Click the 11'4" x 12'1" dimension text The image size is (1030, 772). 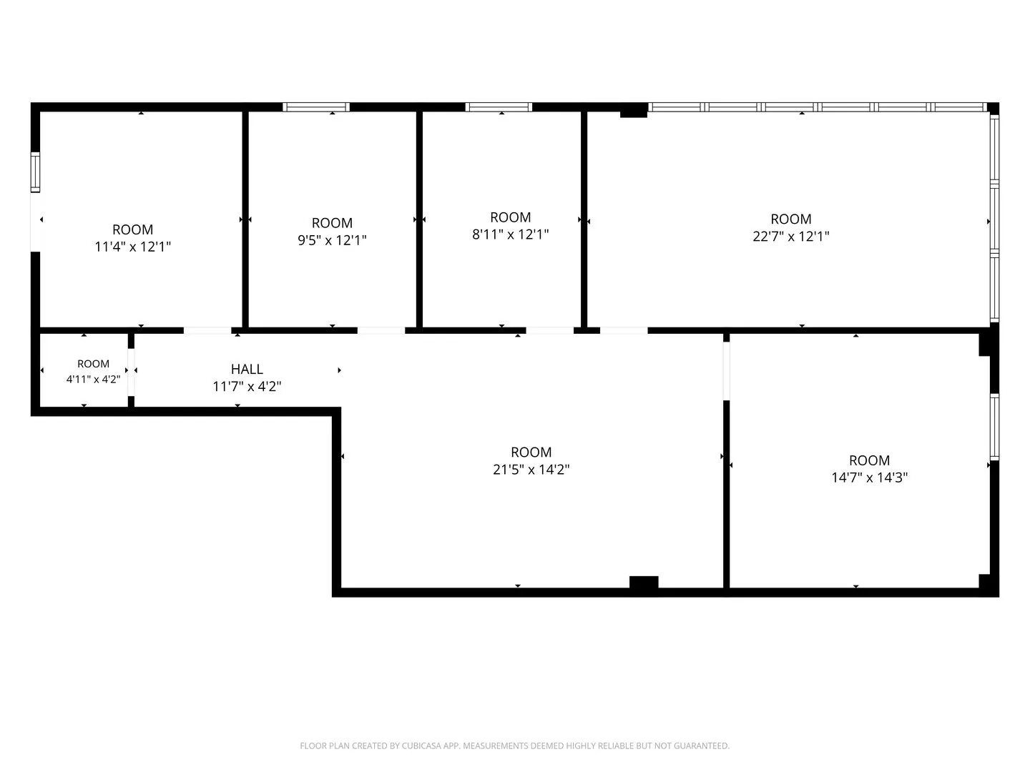[x=133, y=247]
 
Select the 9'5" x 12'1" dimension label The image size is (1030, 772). [x=332, y=240]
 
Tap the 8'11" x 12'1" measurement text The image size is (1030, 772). [x=511, y=234]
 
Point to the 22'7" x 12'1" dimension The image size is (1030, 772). [x=791, y=236]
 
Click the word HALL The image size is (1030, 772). [x=247, y=370]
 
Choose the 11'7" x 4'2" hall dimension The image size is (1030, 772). [x=247, y=386]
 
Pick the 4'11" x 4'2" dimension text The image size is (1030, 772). [x=94, y=379]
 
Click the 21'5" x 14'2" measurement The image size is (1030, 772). [x=531, y=469]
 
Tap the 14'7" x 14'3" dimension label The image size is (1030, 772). [x=870, y=477]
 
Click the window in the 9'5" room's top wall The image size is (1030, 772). [x=316, y=107]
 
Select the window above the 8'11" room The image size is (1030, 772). [x=499, y=107]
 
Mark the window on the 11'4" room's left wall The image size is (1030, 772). [x=35, y=172]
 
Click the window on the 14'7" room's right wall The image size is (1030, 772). [x=994, y=427]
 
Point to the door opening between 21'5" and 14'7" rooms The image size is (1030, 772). [x=727, y=371]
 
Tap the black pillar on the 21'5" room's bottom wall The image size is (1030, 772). [x=644, y=582]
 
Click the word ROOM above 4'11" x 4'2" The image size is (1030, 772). [x=94, y=364]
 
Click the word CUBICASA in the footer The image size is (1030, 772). [x=419, y=746]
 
